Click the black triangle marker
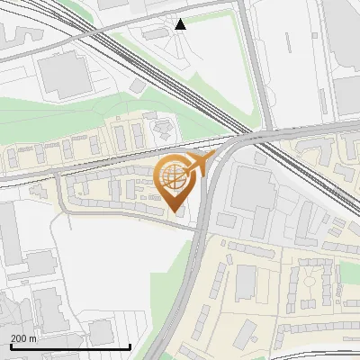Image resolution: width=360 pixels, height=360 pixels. click(x=181, y=24)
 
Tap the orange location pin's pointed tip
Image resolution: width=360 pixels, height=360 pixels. click(x=175, y=211)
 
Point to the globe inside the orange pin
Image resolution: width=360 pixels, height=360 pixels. click(x=173, y=177)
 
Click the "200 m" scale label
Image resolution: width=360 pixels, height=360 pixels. click(x=24, y=338)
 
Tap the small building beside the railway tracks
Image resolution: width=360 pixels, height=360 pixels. click(x=137, y=85)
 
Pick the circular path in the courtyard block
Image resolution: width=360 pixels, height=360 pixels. click(x=314, y=285)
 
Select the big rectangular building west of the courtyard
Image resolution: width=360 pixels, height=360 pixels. click(x=245, y=283)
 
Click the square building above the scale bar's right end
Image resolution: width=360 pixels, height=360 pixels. click(x=102, y=331)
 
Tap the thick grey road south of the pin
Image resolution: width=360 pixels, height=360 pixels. click(x=191, y=270)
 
